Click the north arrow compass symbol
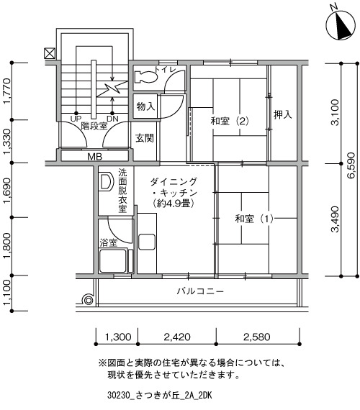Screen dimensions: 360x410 [341, 25]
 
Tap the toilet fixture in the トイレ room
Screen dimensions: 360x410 [146, 77]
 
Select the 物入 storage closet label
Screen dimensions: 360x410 [145, 106]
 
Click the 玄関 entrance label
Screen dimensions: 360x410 [145, 138]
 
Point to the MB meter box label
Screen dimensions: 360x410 [95, 157]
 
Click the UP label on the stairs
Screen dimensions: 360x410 [76, 119]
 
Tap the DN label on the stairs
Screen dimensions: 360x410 [112, 119]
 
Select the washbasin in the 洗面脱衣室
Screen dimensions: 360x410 [106, 182]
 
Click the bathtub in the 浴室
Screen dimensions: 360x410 [113, 260]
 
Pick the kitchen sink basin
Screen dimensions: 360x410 [147, 242]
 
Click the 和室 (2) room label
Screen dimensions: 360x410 [230, 121]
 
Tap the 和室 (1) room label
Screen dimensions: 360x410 [254, 219]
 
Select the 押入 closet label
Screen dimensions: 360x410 [283, 114]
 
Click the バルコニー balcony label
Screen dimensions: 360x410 [200, 291]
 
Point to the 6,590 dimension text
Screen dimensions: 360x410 [351, 165]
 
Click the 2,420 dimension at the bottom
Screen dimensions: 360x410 [177, 337]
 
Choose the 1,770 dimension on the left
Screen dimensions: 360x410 [7, 91]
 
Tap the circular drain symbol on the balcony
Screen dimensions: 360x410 [88, 300]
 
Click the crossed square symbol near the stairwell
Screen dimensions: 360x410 [50, 53]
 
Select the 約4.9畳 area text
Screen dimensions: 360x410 [174, 204]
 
